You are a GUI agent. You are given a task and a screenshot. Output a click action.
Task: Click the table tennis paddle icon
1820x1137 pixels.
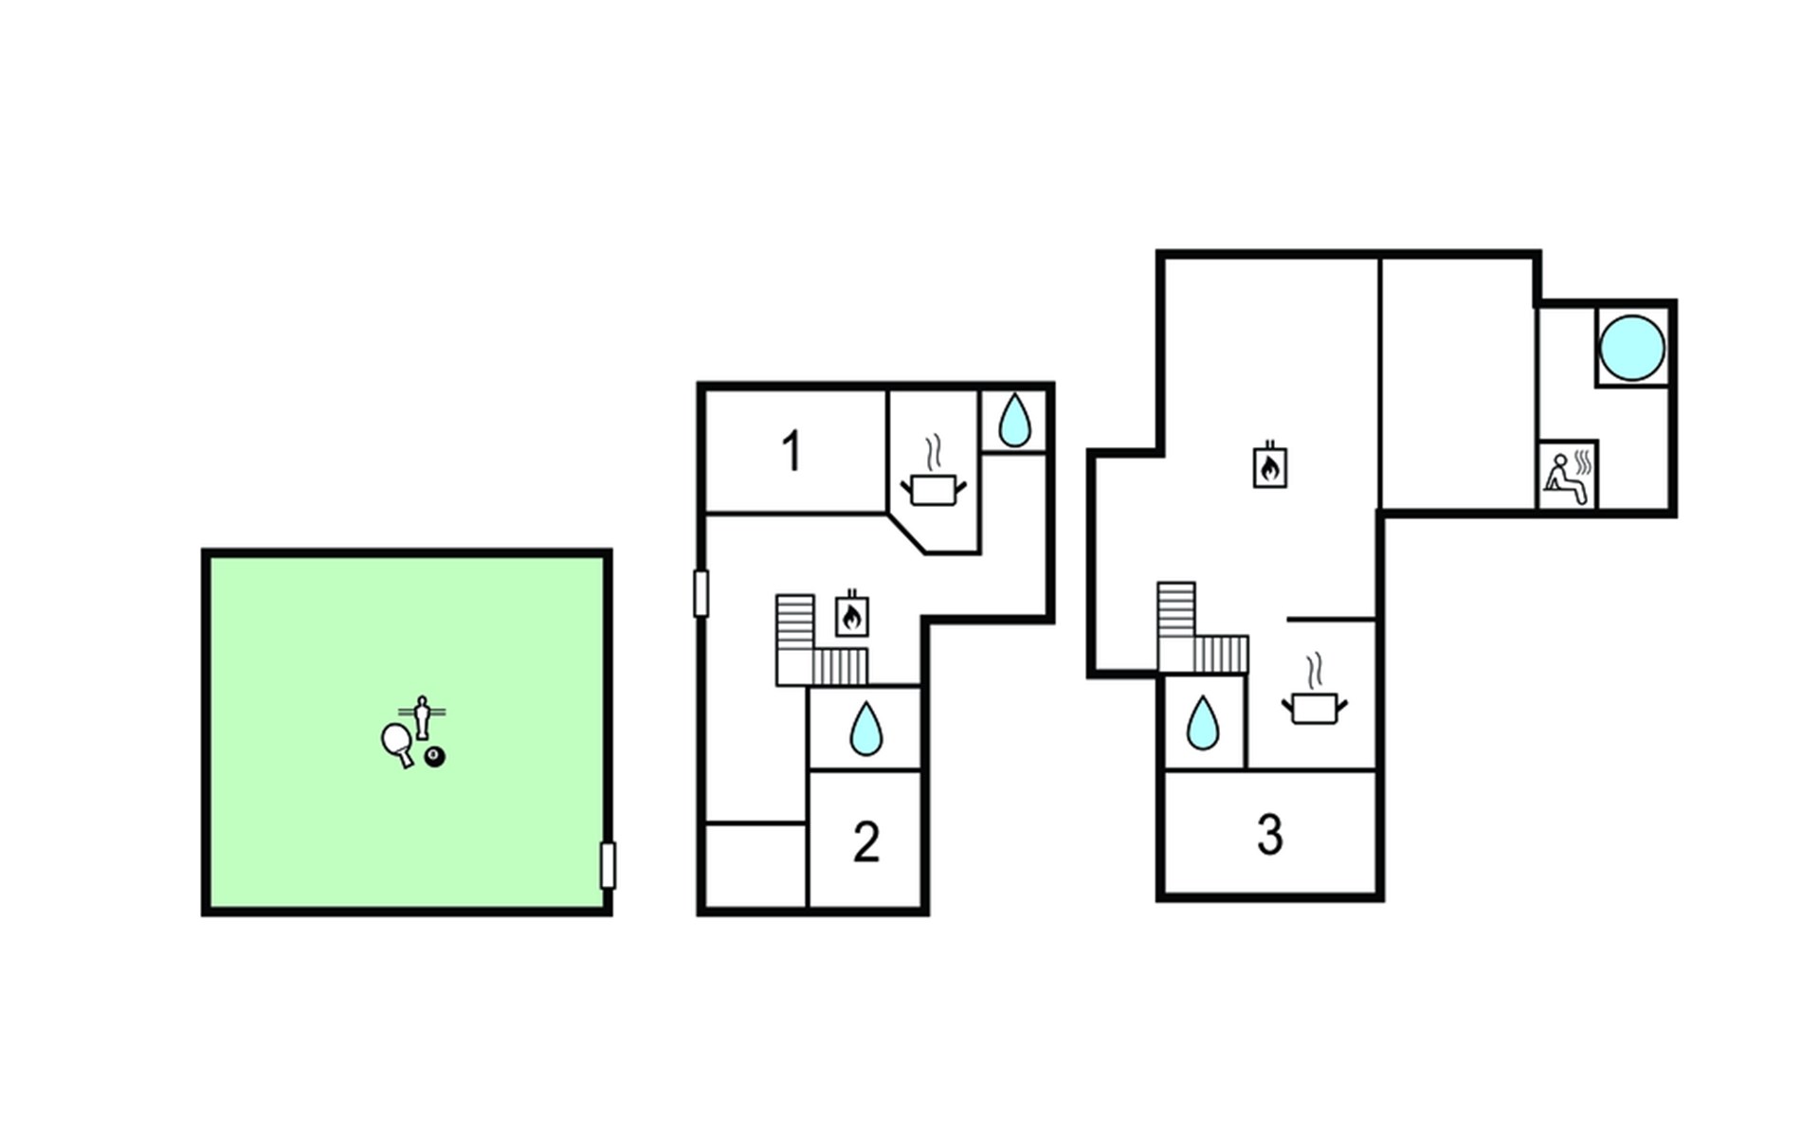coord(397,743)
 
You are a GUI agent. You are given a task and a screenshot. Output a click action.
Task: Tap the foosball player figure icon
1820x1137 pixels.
coord(423,716)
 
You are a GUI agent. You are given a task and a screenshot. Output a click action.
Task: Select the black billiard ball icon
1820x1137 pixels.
coord(435,757)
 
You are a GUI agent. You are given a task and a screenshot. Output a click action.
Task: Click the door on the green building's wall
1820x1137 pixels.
coord(608,865)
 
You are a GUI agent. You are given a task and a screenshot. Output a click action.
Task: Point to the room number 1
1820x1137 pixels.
coord(792,451)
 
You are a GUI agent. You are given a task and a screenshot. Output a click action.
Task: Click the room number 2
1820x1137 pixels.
coord(866,841)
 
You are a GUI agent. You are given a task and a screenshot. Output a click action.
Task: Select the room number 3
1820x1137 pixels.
coord(1270,835)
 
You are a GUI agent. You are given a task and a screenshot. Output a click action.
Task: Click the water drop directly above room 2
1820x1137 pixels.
coord(865,729)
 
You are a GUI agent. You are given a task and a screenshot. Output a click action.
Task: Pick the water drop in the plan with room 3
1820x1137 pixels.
coord(1203,723)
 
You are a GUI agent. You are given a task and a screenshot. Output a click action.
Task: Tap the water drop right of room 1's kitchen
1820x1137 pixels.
coord(1015,421)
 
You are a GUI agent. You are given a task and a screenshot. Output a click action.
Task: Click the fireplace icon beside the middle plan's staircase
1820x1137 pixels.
coord(852,614)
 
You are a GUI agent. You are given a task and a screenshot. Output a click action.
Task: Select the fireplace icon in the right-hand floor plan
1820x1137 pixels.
coord(1270,465)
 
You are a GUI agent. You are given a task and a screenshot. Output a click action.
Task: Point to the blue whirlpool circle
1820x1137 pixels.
coord(1631,347)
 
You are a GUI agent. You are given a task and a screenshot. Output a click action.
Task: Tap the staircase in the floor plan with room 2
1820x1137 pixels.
coord(821,641)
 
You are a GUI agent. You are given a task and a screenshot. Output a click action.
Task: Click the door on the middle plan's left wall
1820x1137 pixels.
coord(701,594)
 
